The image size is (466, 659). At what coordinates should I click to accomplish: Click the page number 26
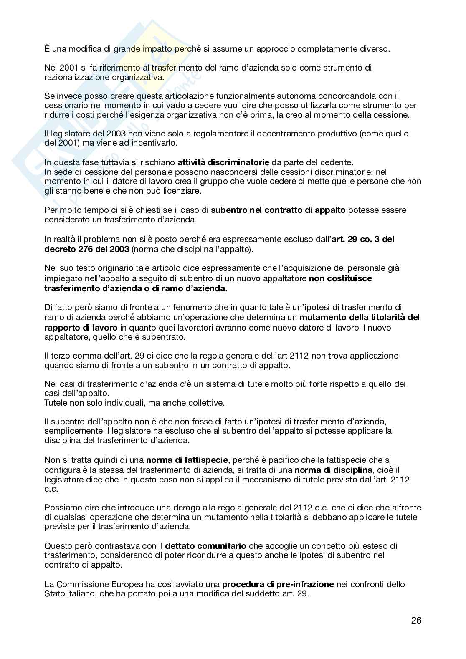(416, 620)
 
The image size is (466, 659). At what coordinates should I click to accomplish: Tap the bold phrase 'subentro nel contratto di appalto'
(278, 210)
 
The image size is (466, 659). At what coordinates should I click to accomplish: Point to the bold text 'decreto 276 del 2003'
(86, 249)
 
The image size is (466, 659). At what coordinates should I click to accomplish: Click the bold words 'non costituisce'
(340, 278)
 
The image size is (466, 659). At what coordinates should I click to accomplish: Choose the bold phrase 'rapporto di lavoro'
(81, 327)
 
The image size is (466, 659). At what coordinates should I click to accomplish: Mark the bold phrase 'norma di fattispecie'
(187, 460)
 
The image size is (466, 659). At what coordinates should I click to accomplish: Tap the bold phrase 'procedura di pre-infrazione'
(278, 584)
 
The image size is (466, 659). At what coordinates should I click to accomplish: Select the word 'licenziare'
(183, 191)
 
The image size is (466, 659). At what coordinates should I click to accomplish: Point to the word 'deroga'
(192, 508)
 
